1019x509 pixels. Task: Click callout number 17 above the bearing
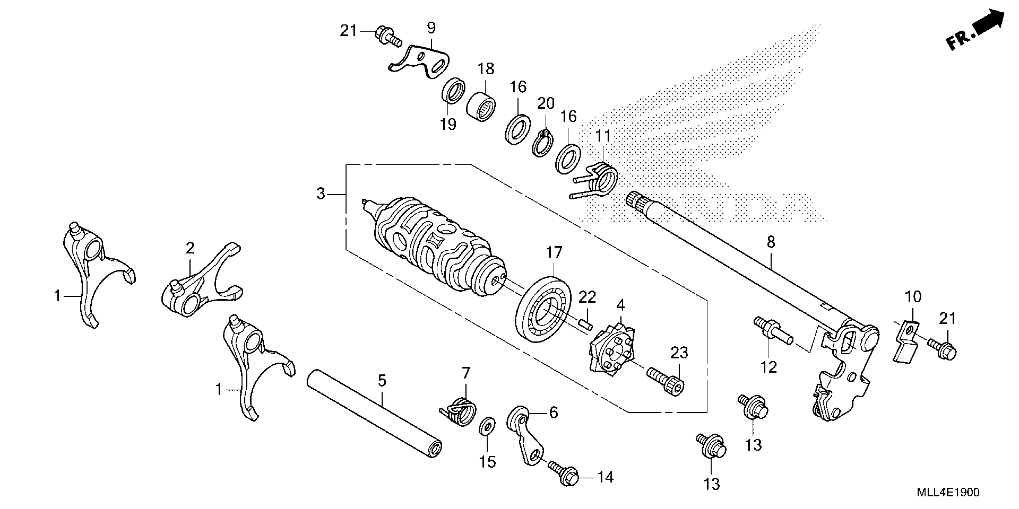click(554, 252)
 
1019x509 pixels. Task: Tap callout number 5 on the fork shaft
click(382, 381)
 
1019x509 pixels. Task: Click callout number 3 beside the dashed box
click(321, 194)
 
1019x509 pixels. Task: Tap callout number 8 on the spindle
click(771, 242)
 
